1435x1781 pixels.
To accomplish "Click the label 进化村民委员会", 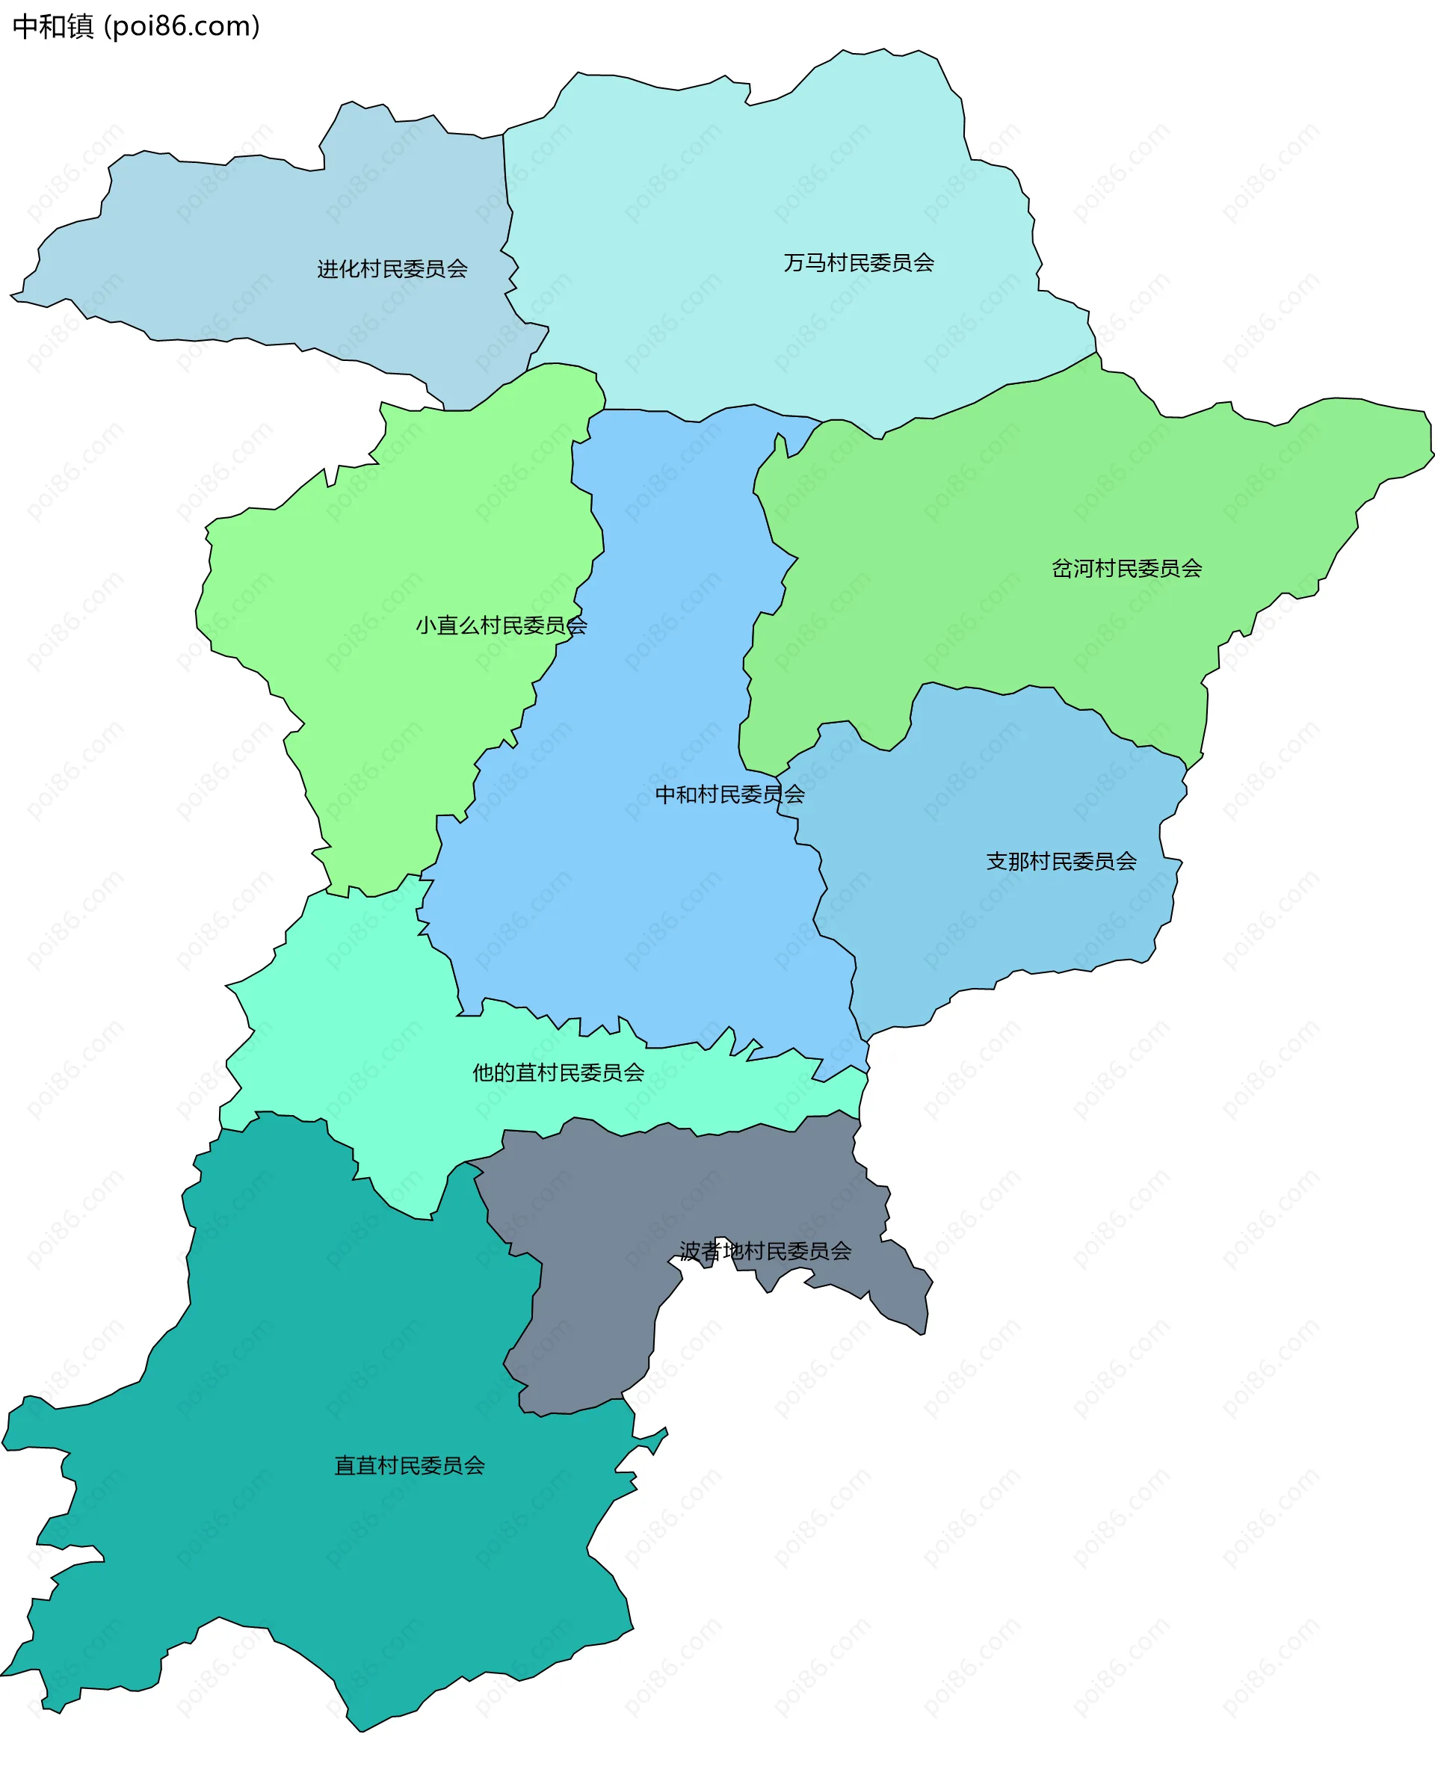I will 392,268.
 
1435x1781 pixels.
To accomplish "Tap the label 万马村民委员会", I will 859,263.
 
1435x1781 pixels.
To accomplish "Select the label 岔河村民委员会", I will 1126,569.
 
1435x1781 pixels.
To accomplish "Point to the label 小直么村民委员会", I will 501,626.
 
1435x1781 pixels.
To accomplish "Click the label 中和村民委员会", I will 729,794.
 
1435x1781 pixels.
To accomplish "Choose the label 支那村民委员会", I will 1061,861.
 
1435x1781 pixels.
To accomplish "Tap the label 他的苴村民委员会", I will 558,1072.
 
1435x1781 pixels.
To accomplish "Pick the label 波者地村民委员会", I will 765,1251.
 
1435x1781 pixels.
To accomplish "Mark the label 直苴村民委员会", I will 409,1466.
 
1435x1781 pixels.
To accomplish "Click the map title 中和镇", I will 53,26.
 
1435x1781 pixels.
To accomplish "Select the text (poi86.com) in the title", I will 182,26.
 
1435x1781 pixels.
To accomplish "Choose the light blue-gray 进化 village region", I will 248,248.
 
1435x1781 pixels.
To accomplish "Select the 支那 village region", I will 992,925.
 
